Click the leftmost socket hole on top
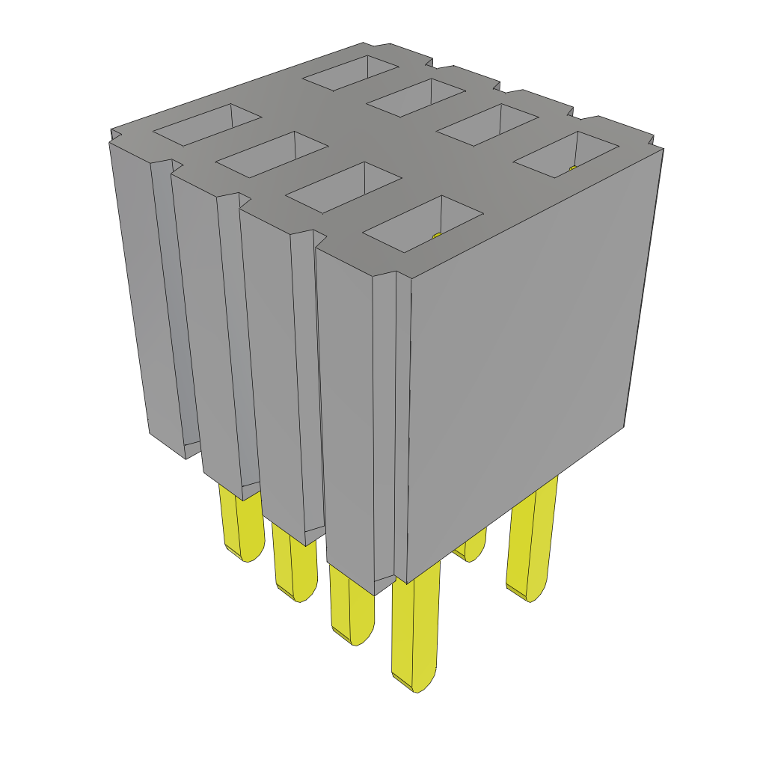click(207, 124)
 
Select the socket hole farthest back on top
click(350, 73)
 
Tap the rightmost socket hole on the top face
click(566, 154)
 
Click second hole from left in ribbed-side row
click(272, 155)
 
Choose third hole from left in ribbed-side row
click(343, 187)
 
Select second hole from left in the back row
click(416, 97)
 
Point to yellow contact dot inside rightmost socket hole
click(573, 169)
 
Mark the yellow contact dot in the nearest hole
click(438, 236)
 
